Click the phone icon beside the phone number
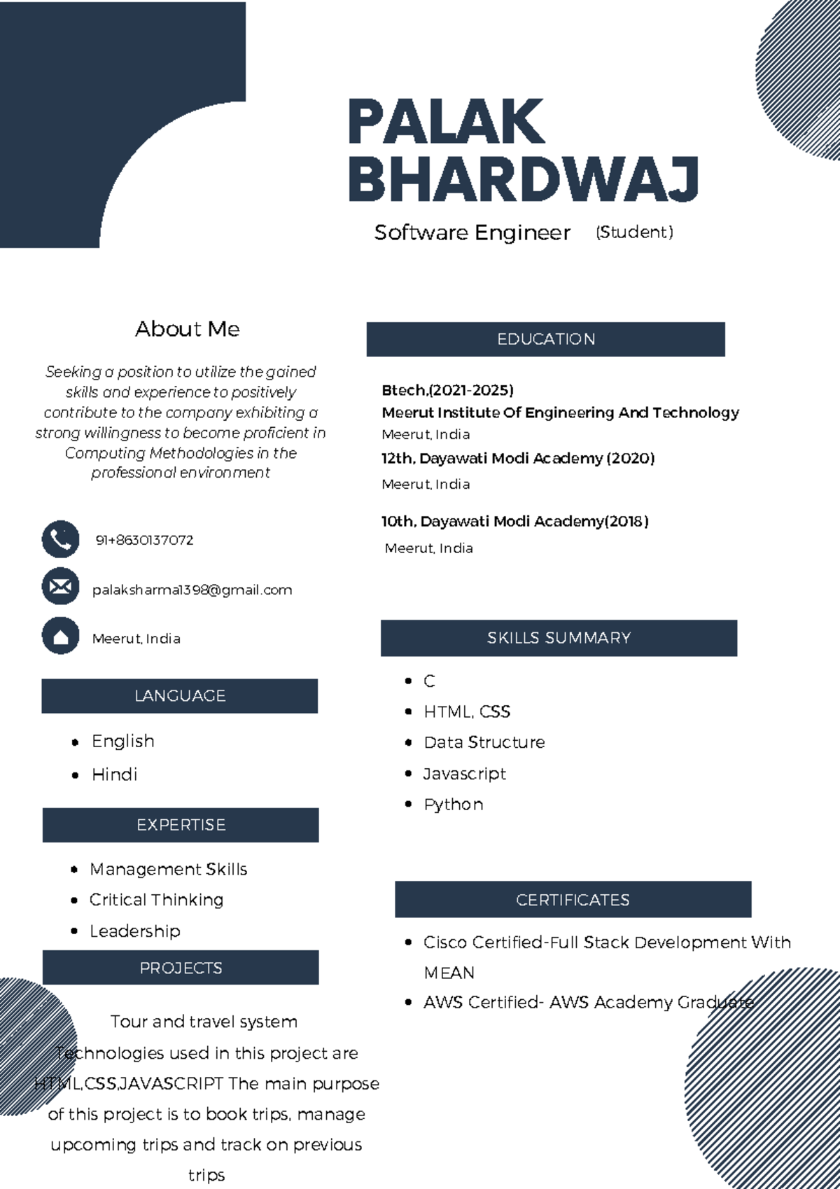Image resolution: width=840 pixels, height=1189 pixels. [60, 539]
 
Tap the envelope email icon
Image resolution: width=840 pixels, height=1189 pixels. [60, 586]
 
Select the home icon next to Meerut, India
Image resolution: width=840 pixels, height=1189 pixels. [60, 636]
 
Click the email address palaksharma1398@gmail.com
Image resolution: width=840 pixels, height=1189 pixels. [192, 590]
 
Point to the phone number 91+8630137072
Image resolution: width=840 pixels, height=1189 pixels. [144, 540]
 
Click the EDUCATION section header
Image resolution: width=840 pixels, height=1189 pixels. [545, 340]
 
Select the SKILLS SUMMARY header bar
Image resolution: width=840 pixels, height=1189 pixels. [559, 638]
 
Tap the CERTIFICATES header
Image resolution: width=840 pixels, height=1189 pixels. [573, 900]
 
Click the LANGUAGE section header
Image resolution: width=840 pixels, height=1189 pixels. [180, 696]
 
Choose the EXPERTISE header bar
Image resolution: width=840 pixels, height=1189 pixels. [181, 825]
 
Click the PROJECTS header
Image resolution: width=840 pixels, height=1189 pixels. [181, 968]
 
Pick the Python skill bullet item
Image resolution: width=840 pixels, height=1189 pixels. [453, 805]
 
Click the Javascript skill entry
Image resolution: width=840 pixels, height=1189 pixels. [464, 774]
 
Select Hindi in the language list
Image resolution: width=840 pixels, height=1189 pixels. [114, 774]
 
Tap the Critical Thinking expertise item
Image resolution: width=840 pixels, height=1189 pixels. [156, 900]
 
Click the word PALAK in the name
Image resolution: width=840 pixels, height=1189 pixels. [445, 123]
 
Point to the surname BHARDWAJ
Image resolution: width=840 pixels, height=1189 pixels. [523, 179]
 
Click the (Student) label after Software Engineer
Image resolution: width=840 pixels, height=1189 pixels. [634, 232]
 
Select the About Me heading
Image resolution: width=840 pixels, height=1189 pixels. [187, 329]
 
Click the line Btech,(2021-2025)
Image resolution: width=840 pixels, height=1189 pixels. [447, 390]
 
